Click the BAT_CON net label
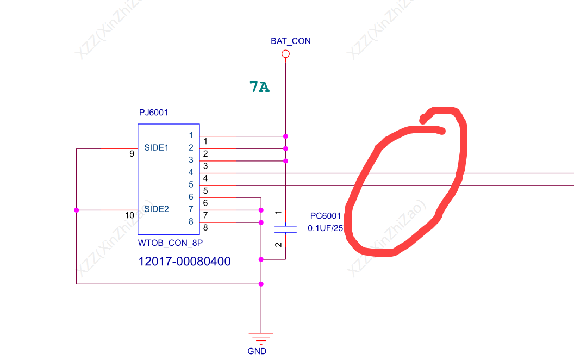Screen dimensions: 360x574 pos(290,41)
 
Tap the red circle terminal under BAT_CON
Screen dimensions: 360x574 pos(285,54)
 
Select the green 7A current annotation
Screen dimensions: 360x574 pos(259,86)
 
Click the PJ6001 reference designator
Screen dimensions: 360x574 pos(154,113)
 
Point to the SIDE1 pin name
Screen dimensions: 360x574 pos(157,147)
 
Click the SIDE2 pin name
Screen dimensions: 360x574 pos(157,209)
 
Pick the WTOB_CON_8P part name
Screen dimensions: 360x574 pos(166,242)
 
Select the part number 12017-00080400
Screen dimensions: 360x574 pos(185,262)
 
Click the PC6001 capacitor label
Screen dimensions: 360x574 pos(326,216)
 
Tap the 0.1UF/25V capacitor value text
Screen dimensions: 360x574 pos(326,228)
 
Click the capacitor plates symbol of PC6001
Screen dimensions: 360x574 pos(285,228)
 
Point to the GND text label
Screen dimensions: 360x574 pos(257,351)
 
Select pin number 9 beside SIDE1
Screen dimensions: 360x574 pos(132,154)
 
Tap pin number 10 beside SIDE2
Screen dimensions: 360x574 pos(129,215)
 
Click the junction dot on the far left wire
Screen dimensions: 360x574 pos(76,210)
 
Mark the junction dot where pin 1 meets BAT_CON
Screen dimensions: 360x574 pos(285,136)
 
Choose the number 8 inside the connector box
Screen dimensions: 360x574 pos(191,221)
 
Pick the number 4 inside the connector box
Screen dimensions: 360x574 pos(191,172)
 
